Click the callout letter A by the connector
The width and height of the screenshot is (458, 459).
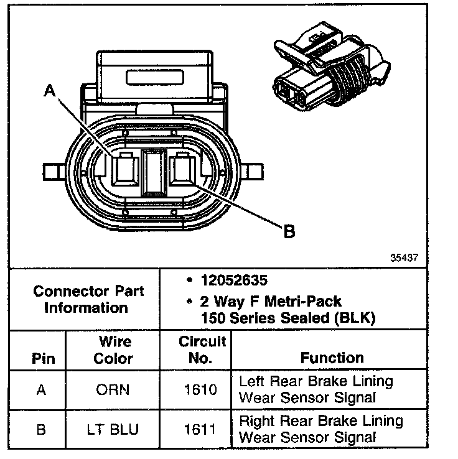[50, 92]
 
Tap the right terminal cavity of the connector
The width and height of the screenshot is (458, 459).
[182, 169]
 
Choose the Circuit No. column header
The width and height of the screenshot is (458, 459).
[196, 350]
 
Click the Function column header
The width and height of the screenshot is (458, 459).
[332, 358]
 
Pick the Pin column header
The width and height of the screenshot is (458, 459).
[42, 359]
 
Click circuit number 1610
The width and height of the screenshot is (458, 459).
[196, 390]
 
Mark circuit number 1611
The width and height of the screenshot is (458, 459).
[196, 429]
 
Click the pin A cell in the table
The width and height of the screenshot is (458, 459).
[42, 390]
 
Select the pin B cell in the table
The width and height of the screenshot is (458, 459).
[42, 429]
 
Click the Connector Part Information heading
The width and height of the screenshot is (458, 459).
[88, 299]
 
